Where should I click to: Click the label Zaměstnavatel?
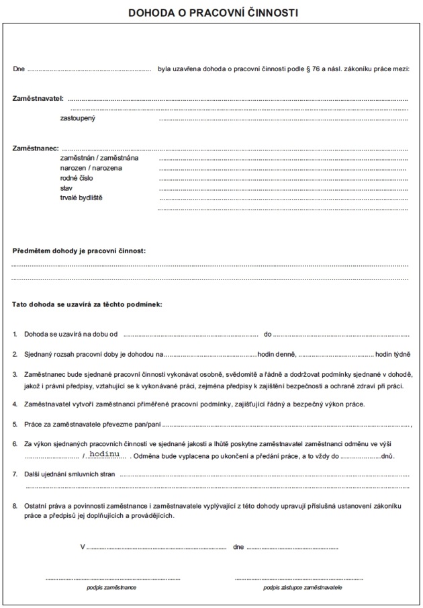(38, 98)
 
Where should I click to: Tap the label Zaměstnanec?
(36, 147)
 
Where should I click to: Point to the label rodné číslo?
(77, 178)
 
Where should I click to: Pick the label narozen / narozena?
(91, 168)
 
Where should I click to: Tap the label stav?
(66, 188)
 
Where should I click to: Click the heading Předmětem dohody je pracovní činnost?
(79, 251)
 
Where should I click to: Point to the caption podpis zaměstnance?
(111, 587)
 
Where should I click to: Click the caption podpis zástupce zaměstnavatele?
(303, 587)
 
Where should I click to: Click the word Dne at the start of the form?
(19, 69)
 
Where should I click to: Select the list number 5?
(15, 424)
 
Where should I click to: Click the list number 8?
(15, 504)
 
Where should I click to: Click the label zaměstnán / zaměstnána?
(99, 158)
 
